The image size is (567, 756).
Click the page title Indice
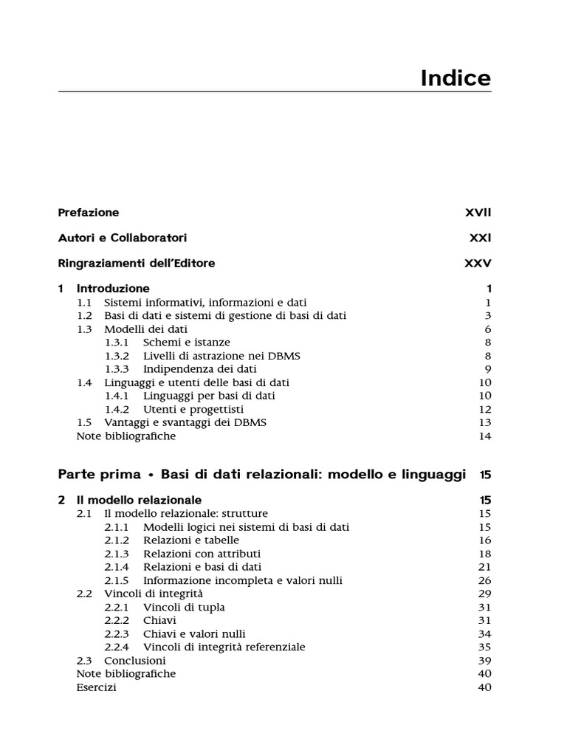[x=456, y=78]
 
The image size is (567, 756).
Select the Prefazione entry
[x=88, y=213]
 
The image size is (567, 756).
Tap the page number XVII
[x=478, y=213]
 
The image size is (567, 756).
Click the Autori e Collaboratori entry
[x=122, y=238]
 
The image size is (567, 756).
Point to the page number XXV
[x=477, y=263]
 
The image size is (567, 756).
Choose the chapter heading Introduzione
[x=113, y=289]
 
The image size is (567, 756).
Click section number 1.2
[x=85, y=315]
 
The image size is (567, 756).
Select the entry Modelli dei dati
[x=145, y=329]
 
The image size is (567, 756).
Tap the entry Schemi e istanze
[x=187, y=342]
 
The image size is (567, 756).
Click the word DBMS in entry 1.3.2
[x=286, y=355]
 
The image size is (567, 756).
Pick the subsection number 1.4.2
[x=117, y=409]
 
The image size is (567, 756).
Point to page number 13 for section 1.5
[x=485, y=422]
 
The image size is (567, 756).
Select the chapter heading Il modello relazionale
[x=139, y=500]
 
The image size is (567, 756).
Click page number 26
[x=485, y=580]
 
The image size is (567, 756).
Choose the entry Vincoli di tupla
[x=184, y=607]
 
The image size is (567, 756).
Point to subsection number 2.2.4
[x=117, y=647]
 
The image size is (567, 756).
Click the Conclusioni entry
[x=135, y=660]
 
